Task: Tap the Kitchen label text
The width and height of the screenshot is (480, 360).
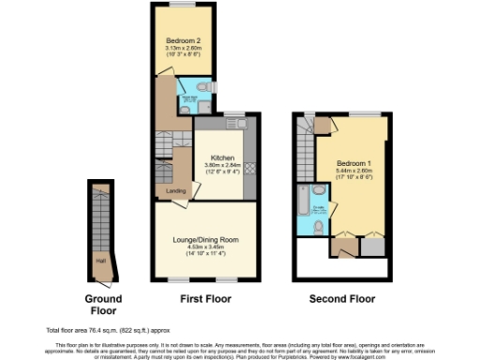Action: click(x=221, y=157)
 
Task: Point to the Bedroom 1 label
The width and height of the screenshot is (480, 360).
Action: click(x=355, y=165)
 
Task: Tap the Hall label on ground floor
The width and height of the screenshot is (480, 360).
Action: click(x=99, y=262)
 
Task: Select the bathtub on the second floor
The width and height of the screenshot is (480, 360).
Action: click(x=303, y=199)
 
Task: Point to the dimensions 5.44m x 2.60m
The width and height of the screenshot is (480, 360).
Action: click(x=355, y=172)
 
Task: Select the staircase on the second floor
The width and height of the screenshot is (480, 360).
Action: click(x=305, y=150)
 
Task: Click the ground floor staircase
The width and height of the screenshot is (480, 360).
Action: click(x=99, y=220)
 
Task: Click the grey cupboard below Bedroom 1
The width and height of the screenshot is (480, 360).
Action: click(x=372, y=247)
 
